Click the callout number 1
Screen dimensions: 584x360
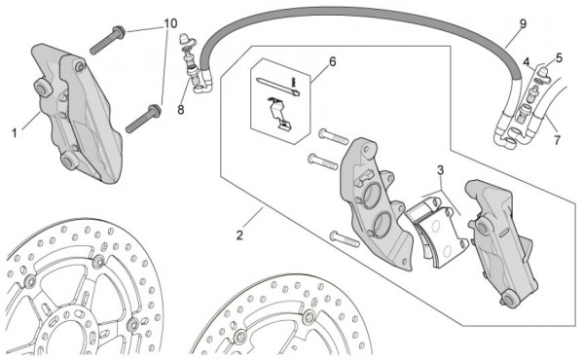[15, 133]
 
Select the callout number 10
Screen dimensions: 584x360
[170, 23]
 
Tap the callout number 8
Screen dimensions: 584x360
[181, 110]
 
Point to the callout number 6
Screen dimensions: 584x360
[332, 62]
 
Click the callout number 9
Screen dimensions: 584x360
[523, 23]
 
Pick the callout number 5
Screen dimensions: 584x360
[559, 58]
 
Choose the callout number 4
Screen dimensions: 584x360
[526, 62]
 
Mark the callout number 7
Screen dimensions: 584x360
[557, 140]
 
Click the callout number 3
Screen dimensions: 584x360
[441, 170]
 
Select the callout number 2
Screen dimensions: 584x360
[239, 235]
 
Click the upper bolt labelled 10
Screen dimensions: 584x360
[107, 40]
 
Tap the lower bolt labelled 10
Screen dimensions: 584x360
[143, 119]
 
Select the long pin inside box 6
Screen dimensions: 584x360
[277, 86]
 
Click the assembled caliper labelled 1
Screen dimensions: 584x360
[76, 114]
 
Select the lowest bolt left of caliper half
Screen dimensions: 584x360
[345, 239]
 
